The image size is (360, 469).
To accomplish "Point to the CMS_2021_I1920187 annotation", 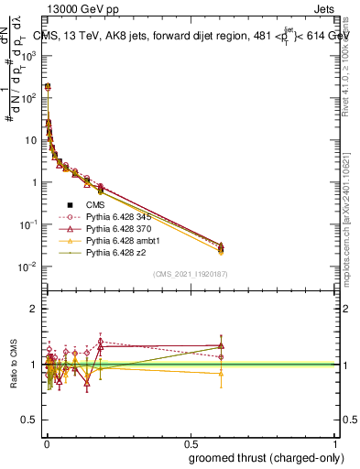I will point(191,274).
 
